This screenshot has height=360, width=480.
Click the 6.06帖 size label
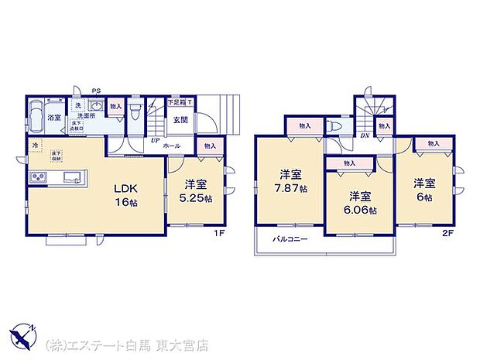(362, 210)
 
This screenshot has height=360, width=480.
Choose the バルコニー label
(290, 239)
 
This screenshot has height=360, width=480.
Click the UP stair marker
(156, 141)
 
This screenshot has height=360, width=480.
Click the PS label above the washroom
(96, 91)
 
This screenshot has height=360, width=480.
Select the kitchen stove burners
(37, 180)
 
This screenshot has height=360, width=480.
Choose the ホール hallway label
(173, 146)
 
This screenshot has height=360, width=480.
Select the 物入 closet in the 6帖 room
(433, 143)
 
